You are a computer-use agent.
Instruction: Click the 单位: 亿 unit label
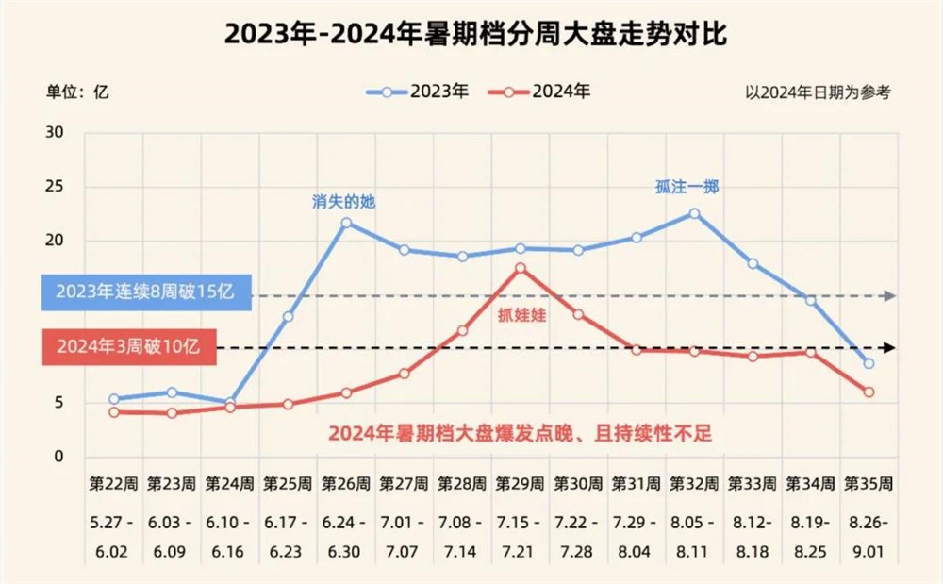point(78,92)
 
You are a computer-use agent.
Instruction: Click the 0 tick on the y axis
point(58,458)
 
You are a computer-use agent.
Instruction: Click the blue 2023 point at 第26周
point(346,224)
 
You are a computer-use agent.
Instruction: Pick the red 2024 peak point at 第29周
point(521,269)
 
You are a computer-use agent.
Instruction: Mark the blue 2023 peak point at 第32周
point(694,213)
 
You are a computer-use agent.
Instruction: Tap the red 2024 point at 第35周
point(869,392)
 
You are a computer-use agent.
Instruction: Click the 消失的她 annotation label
point(344,201)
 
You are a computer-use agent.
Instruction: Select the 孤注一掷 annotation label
point(687,187)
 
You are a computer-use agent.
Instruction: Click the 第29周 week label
point(521,484)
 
